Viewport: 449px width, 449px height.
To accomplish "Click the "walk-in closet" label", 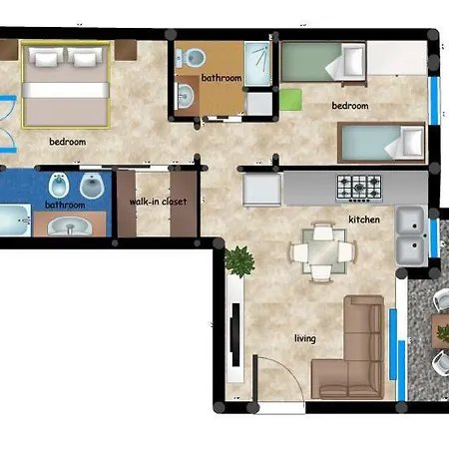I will coord(158,202).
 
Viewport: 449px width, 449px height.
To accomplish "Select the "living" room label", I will coord(304,338).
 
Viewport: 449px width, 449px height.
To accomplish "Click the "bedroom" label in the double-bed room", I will coord(67,142).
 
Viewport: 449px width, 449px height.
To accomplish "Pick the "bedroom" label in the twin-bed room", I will coord(349,106).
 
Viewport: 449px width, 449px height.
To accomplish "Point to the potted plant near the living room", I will coord(239,261).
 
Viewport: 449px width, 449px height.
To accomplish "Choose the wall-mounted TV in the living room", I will coord(232,339).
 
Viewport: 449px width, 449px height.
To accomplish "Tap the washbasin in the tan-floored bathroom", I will coord(186,96).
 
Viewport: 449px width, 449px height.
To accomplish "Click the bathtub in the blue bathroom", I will coord(14,223).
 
